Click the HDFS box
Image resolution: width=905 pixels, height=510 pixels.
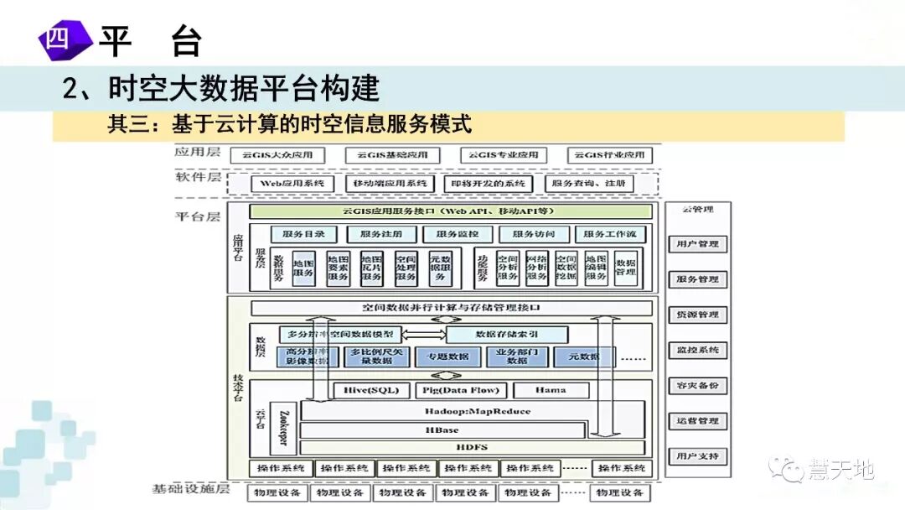tap(473, 447)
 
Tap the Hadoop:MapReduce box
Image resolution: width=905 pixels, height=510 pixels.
tap(473, 411)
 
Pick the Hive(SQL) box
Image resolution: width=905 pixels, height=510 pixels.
tap(371, 390)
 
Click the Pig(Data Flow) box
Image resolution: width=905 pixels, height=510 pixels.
tap(461, 390)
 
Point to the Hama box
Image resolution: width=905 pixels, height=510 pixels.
tap(551, 390)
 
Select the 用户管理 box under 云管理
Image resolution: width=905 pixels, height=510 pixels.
tap(697, 244)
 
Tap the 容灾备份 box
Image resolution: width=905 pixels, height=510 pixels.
tap(697, 386)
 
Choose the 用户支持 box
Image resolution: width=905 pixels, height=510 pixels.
tap(697, 457)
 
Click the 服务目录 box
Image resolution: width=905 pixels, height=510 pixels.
tap(297, 234)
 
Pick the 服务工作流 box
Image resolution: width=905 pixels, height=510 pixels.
tap(609, 234)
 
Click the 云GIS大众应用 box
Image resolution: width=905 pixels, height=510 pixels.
tap(282, 155)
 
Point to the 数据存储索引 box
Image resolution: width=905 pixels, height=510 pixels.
tap(506, 334)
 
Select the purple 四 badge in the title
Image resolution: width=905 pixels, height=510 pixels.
tap(60, 39)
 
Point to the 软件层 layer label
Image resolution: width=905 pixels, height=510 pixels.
tap(198, 177)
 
